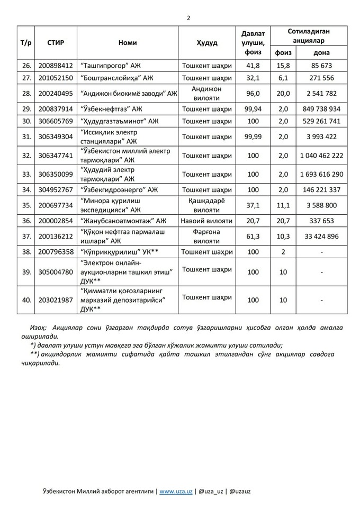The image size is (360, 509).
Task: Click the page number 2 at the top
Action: click(x=188, y=17)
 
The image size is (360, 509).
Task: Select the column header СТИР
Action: click(x=56, y=42)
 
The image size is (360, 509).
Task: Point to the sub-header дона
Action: click(x=321, y=53)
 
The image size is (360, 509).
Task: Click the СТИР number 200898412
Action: click(x=56, y=66)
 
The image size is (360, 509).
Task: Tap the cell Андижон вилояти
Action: click(x=206, y=93)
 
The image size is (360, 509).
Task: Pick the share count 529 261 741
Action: click(x=321, y=121)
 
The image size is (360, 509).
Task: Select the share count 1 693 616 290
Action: click(x=321, y=174)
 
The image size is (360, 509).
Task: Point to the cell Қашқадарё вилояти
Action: click(x=206, y=205)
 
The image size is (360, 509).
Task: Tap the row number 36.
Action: click(x=25, y=220)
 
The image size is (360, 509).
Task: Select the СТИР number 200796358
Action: click(x=56, y=252)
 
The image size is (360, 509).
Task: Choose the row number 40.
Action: click(x=25, y=299)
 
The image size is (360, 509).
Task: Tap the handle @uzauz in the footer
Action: click(x=240, y=490)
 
